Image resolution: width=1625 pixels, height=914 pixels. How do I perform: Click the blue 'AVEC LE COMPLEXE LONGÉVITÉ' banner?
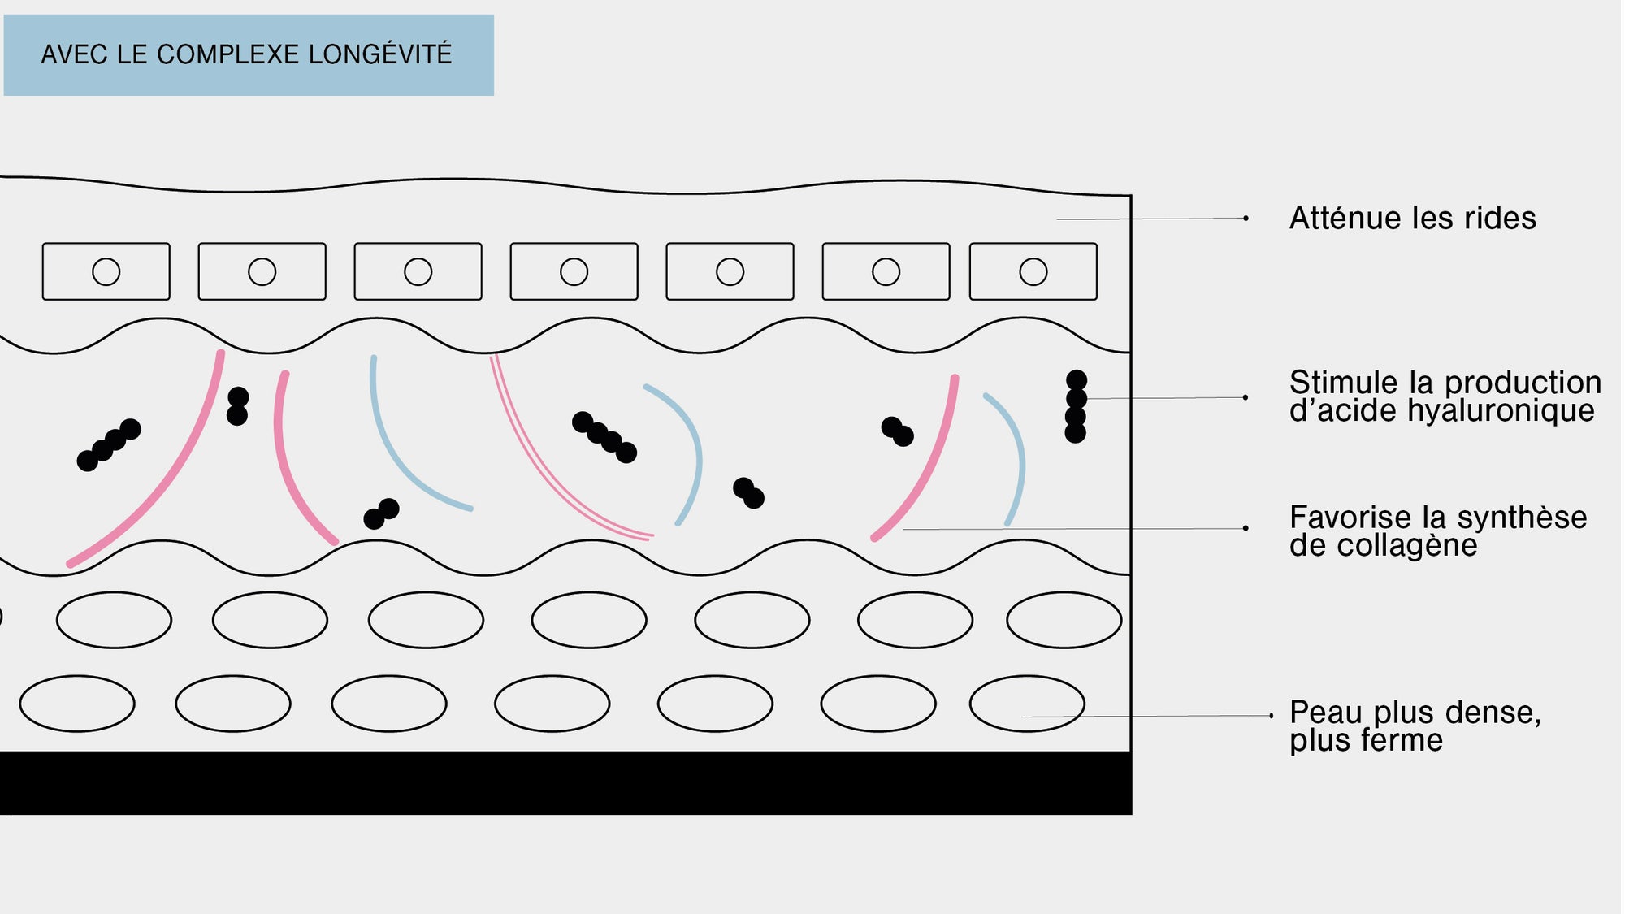click(x=249, y=54)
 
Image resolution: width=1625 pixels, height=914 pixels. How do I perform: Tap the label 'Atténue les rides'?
click(x=1412, y=218)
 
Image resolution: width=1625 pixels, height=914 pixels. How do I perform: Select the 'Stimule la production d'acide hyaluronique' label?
click(x=1445, y=396)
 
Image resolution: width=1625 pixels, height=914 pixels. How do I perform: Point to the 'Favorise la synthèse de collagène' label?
click(x=1438, y=531)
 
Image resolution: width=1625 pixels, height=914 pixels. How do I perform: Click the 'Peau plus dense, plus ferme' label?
click(x=1415, y=726)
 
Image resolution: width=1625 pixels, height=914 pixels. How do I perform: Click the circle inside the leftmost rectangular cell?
click(x=106, y=271)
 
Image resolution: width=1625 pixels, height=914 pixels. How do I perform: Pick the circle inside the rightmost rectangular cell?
click(x=1033, y=271)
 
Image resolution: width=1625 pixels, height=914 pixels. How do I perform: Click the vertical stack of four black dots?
click(x=1076, y=406)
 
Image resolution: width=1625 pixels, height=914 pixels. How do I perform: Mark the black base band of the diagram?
click(x=565, y=782)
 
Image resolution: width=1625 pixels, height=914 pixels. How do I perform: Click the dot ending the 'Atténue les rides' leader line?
click(x=1246, y=218)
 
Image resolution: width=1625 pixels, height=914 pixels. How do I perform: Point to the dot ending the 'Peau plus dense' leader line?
click(x=1272, y=716)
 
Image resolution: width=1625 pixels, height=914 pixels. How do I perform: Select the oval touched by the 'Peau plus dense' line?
click(x=1027, y=704)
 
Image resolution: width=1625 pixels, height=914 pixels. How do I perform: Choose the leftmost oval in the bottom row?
click(x=77, y=704)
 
